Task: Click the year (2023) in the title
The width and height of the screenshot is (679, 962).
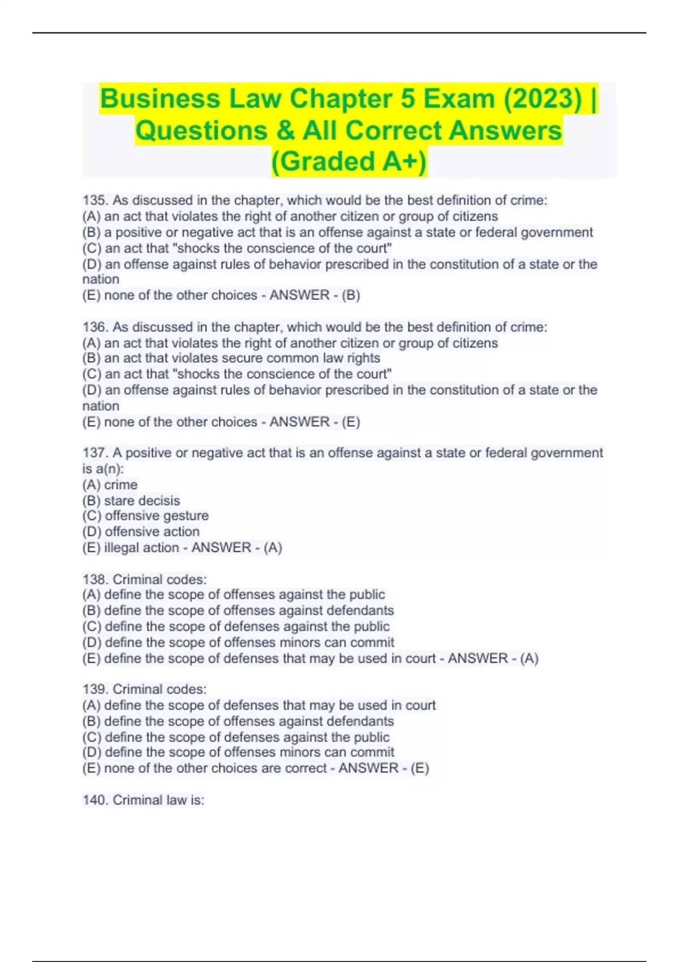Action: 541,99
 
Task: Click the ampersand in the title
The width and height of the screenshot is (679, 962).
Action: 285,131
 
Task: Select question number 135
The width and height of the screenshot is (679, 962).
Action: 95,200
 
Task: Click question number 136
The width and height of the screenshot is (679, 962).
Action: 95,327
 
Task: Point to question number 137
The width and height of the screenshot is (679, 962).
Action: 95,453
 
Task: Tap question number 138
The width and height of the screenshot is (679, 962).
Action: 95,579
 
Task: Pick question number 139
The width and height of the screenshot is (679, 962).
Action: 95,689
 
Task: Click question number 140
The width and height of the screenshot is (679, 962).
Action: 95,800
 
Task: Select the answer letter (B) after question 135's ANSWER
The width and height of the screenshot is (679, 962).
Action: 351,295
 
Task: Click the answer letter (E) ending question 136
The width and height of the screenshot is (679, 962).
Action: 351,422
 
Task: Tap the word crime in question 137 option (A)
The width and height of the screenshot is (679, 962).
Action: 121,485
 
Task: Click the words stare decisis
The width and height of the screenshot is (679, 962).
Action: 141,501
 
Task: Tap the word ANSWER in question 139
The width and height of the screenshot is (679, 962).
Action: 368,768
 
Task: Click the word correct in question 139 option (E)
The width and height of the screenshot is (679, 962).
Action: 306,768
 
